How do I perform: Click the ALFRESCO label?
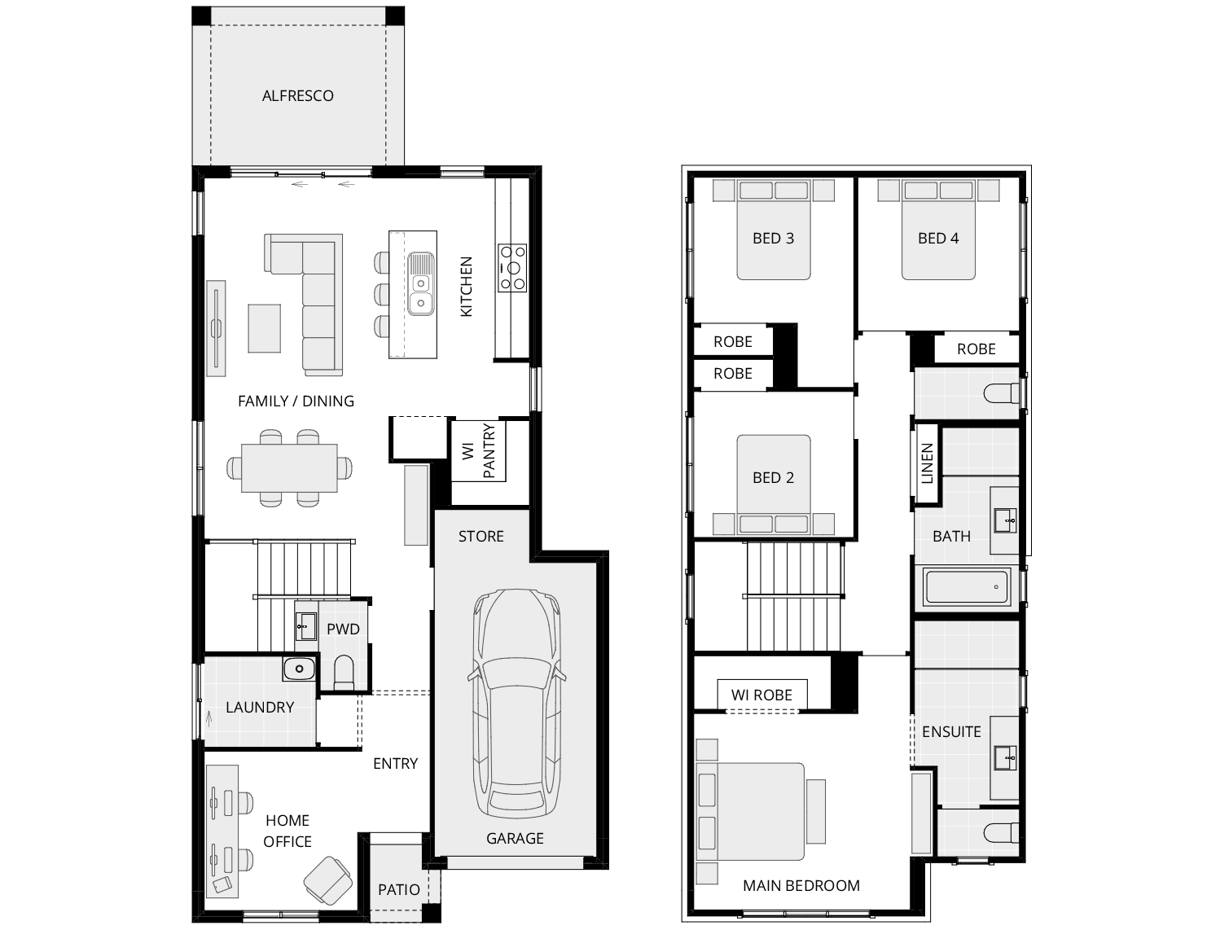(297, 96)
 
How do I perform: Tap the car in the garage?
(516, 703)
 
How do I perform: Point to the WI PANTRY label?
(479, 450)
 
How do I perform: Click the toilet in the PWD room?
(344, 673)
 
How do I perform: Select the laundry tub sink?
(300, 669)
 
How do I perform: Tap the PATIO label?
(399, 890)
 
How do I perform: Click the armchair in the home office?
(328, 880)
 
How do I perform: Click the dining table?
(289, 468)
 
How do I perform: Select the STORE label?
(481, 537)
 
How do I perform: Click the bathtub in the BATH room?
(967, 586)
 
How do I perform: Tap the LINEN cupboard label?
(927, 463)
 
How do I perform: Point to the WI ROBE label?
(761, 695)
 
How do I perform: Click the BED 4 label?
(938, 239)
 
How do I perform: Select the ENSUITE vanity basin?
(1006, 759)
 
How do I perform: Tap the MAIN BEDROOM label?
(801, 886)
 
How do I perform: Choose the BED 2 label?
(773, 478)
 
